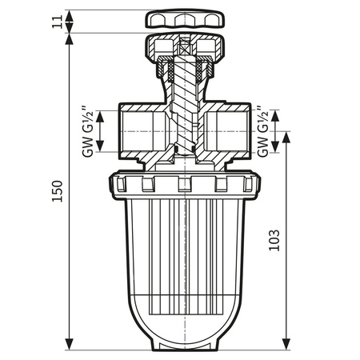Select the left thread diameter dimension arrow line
[x=101, y=129]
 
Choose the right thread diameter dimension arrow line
[x=276, y=129]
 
